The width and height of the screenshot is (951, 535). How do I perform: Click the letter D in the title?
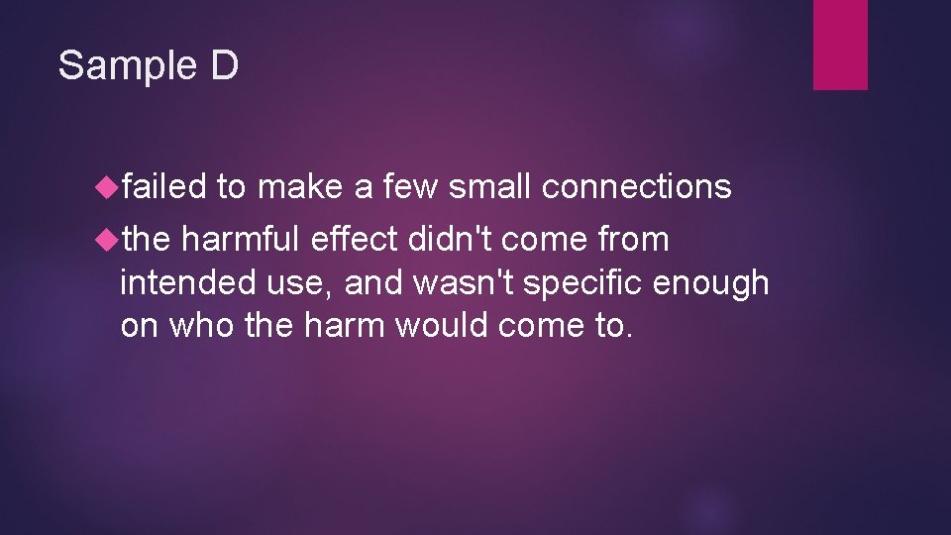224,66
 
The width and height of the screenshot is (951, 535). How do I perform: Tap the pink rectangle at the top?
840,45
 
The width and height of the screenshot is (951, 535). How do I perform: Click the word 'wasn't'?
463,282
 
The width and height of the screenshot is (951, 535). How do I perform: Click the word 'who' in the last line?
202,325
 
